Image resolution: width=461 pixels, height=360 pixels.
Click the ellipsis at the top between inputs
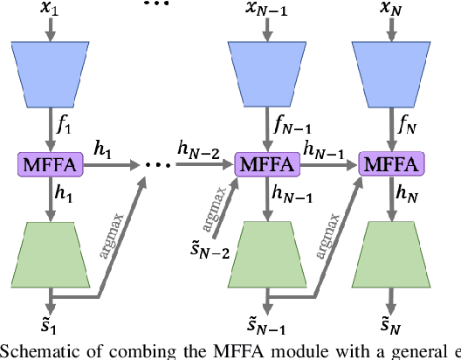155,4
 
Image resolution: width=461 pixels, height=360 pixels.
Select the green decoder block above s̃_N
385,254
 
